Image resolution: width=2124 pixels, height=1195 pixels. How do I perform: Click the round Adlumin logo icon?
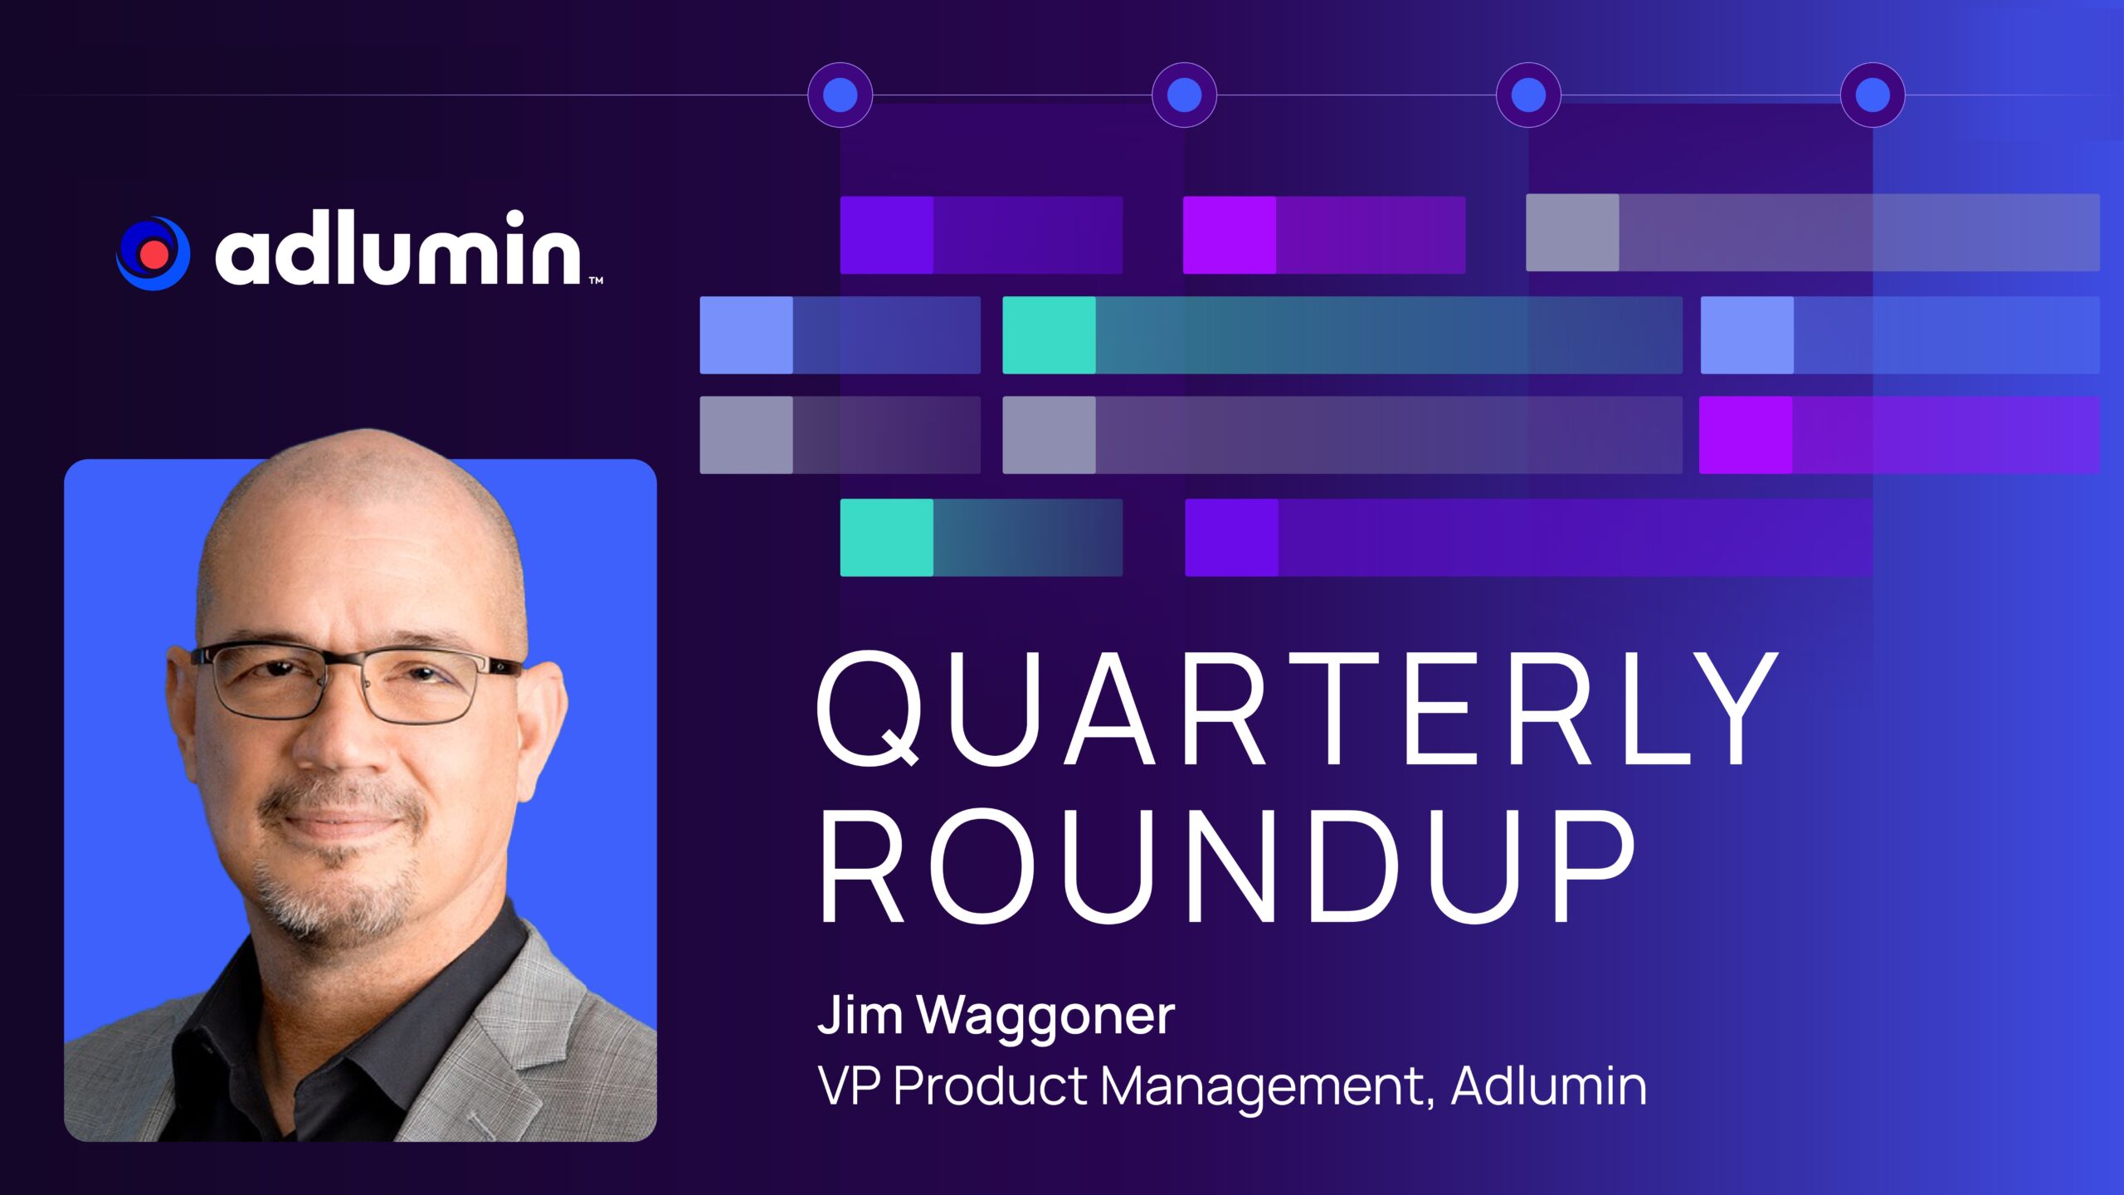[153, 253]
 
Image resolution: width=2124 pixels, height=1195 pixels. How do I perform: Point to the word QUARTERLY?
[1298, 710]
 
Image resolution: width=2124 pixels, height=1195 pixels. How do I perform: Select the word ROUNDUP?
[1226, 866]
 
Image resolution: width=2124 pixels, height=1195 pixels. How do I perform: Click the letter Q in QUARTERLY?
[868, 710]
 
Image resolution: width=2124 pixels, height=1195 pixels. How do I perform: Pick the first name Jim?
[860, 1014]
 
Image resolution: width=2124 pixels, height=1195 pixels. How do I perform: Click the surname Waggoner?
[1046, 1017]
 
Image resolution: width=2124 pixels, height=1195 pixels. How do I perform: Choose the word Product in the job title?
[991, 1085]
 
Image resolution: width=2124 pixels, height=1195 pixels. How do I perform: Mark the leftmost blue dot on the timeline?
[840, 95]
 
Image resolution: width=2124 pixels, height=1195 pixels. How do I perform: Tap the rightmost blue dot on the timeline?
[1873, 95]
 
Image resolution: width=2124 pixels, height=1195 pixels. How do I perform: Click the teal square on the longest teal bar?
[1050, 335]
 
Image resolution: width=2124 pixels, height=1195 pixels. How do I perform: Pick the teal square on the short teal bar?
[887, 538]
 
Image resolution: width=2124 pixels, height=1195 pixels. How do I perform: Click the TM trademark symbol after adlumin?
[597, 280]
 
